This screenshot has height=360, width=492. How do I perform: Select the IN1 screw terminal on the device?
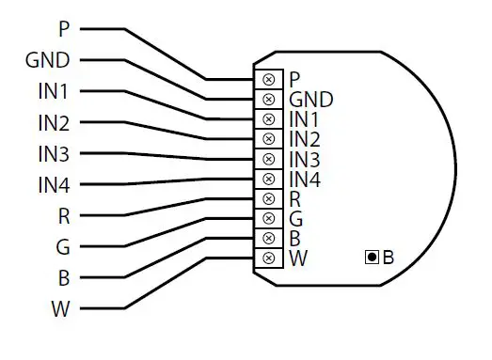click(269, 119)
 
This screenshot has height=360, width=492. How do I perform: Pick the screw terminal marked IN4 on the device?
click(269, 179)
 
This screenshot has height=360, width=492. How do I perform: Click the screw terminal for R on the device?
click(269, 198)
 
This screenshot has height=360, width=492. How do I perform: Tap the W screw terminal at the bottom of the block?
click(269, 258)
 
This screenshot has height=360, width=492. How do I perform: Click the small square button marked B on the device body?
click(372, 257)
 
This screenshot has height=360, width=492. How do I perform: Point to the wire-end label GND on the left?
click(48, 61)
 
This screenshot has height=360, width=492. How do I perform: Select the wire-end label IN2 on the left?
click(54, 123)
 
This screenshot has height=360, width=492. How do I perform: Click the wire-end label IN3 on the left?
click(54, 154)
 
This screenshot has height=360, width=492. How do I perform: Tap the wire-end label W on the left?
click(61, 309)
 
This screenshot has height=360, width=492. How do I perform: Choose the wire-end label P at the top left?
click(64, 30)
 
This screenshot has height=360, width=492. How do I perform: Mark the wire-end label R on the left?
click(63, 216)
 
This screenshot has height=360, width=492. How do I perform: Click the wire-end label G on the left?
click(63, 247)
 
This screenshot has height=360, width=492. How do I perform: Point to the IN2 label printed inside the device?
click(305, 139)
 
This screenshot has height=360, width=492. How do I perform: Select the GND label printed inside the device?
click(310, 100)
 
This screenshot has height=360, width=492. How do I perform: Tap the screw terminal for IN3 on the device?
click(269, 159)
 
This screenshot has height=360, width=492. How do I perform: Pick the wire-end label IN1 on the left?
click(54, 92)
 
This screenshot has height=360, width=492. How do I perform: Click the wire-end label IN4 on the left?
click(54, 185)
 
